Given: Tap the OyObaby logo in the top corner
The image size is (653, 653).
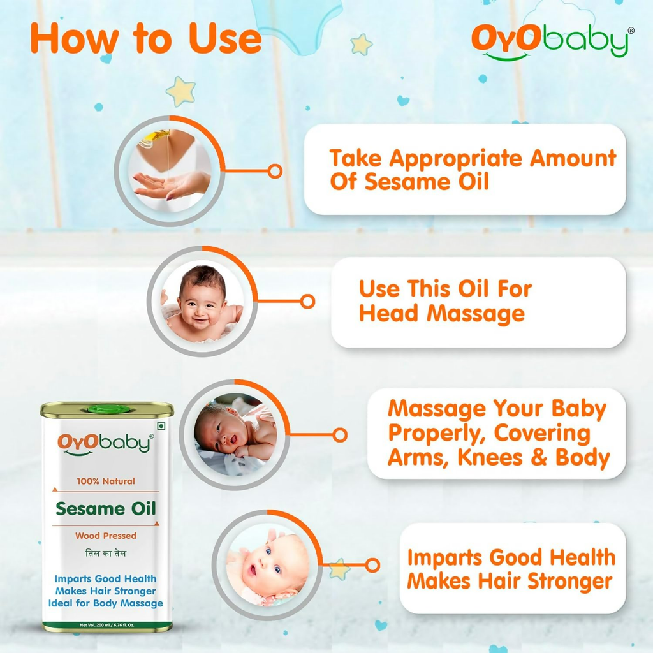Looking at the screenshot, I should [550, 43].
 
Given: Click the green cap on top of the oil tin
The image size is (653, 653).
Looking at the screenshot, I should [106, 409].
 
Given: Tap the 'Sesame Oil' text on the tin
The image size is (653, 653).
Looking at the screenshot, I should [106, 509].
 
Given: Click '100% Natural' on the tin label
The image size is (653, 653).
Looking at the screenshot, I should [106, 481].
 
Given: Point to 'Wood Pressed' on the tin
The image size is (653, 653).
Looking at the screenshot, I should [106, 536].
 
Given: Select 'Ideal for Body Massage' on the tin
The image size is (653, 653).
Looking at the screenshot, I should [106, 603].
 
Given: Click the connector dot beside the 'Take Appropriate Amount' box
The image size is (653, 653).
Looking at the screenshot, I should [275, 171].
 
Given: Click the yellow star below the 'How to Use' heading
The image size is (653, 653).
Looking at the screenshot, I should [180, 91].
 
